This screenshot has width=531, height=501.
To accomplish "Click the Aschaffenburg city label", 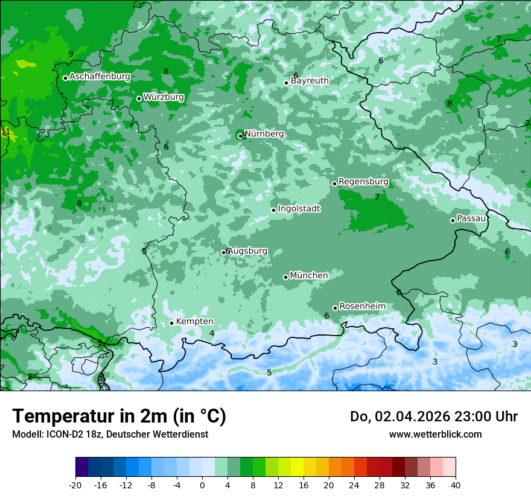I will (100, 77).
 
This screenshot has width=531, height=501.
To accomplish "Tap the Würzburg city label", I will (164, 97).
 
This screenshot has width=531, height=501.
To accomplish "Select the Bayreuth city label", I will (310, 81).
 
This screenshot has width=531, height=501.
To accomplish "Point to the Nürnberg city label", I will (264, 134).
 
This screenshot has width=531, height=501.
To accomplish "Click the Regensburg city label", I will (363, 182).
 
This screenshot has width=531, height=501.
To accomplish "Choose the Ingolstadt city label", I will (299, 209).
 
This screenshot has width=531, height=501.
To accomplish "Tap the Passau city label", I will (471, 219).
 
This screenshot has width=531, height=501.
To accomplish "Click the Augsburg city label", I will (247, 251).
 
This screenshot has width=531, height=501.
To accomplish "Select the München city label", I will (309, 276).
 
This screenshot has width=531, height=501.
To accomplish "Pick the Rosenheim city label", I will (362, 307).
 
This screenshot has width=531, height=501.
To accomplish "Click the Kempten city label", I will (194, 322).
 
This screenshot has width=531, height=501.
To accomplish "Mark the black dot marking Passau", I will (453, 220).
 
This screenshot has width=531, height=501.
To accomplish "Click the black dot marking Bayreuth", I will (287, 83).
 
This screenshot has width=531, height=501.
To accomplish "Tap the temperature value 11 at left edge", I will (5, 132).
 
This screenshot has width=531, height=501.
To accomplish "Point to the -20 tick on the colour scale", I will (75, 485).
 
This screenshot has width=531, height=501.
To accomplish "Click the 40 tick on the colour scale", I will (455, 485).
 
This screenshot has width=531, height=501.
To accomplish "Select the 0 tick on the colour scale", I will (202, 485).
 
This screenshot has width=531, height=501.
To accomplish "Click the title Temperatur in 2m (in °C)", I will (119, 416).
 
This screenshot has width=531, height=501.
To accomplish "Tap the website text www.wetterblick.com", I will (435, 434).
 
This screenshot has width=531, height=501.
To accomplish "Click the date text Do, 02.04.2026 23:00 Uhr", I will (433, 416).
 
